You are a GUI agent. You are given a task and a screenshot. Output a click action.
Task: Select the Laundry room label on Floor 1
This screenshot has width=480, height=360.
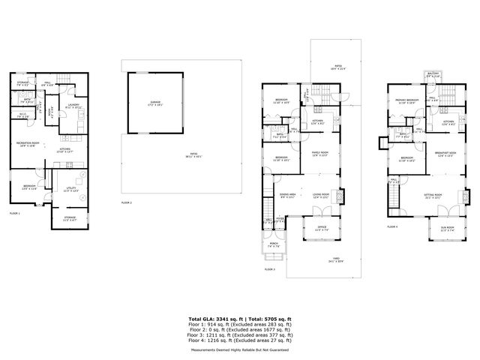(73, 106)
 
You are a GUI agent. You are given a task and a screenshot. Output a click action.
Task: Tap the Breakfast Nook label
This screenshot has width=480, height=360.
(447, 154)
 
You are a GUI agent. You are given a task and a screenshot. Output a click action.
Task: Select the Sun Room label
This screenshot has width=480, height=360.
(448, 229)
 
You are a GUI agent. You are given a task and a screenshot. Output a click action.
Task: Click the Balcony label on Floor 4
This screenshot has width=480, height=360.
(433, 74)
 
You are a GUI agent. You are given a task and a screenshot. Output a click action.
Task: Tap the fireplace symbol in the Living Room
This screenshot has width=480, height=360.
(343, 196)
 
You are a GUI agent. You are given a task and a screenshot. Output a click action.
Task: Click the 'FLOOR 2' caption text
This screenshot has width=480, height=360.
(127, 202)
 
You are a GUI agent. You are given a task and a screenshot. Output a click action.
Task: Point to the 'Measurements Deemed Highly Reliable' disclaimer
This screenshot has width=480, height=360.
(240, 349)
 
